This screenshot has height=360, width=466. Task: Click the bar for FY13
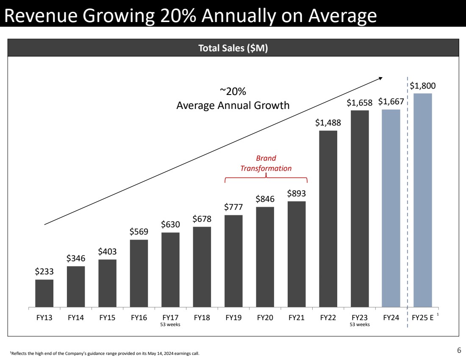(44, 293)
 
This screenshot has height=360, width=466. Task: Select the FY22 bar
(328, 218)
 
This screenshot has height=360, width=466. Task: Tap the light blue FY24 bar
(391, 208)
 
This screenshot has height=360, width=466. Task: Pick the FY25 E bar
(422, 200)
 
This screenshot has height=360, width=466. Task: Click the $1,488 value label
(328, 123)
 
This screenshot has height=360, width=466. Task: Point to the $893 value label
(297, 193)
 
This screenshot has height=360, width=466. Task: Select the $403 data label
(107, 251)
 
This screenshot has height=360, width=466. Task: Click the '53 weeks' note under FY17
(170, 325)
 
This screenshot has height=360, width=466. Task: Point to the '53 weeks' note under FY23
(359, 325)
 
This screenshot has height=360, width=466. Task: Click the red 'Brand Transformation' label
(266, 163)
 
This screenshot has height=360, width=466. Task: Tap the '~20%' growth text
(233, 92)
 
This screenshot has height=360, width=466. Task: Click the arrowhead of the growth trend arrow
(380, 78)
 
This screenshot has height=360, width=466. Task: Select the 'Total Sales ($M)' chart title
(233, 49)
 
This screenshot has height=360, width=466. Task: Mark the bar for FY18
(202, 267)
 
